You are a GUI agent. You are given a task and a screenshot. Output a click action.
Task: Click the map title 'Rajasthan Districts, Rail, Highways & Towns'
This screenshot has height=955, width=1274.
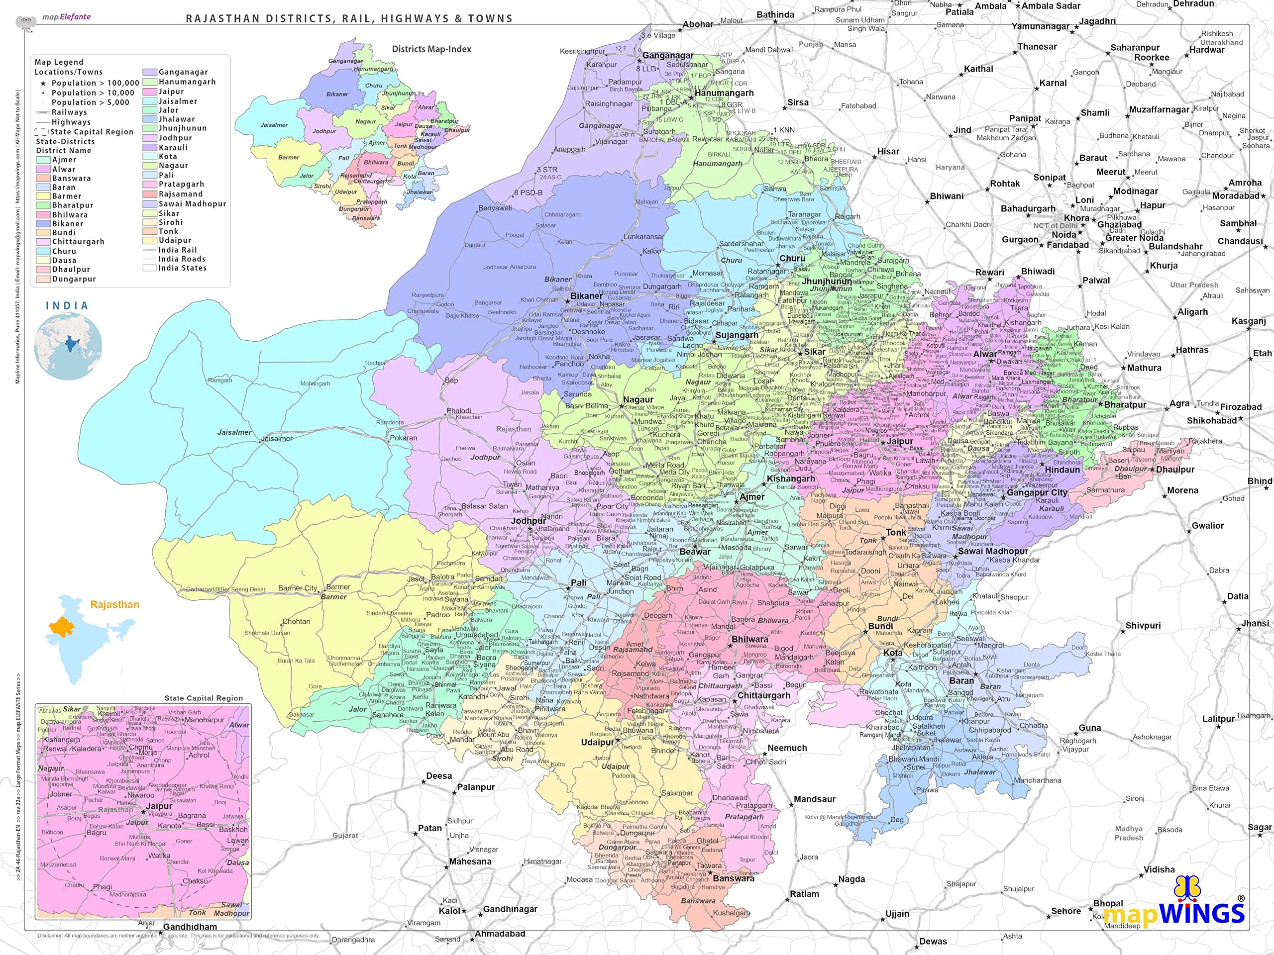349,18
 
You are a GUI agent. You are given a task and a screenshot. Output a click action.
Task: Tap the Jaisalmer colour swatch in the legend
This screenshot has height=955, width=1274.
150,101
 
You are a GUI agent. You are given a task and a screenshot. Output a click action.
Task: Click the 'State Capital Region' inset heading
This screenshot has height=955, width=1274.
204,698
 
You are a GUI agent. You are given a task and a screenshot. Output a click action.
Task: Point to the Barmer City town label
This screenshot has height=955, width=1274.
297,588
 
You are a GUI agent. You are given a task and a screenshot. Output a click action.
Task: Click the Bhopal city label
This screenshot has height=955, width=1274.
1108,903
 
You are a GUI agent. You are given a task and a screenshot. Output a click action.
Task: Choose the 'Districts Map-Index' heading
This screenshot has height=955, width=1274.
431,49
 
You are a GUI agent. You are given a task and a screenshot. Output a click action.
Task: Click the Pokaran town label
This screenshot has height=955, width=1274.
403,438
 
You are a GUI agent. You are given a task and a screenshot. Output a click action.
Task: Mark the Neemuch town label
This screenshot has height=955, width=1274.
787,748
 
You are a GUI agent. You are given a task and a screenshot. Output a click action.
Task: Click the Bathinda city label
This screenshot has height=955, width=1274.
775,15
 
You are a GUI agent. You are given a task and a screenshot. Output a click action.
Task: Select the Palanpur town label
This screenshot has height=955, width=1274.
476,787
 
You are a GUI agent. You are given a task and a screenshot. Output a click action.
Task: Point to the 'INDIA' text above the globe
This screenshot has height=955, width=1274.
67,306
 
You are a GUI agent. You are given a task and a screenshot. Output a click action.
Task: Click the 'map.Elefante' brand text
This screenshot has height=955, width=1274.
66,17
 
